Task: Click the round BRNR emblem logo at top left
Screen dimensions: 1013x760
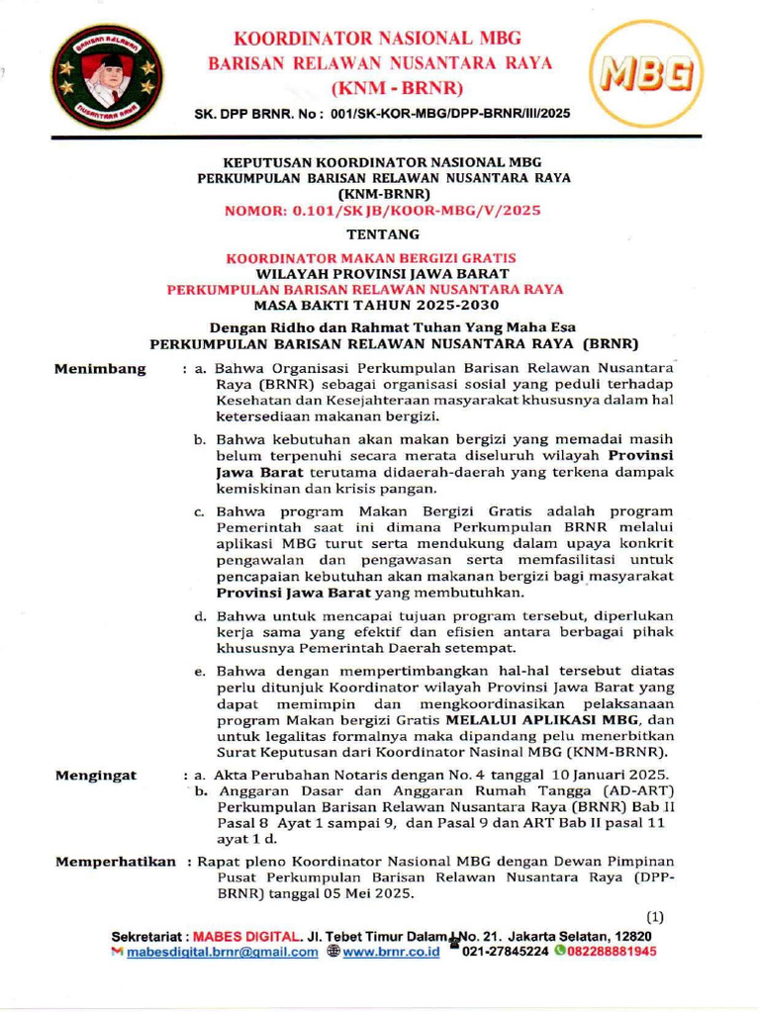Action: click(x=103, y=75)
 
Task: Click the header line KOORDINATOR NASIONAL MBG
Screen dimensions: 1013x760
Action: click(x=376, y=40)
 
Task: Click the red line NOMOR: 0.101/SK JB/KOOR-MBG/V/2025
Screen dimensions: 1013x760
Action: click(x=383, y=211)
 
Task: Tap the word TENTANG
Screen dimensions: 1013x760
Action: click(x=383, y=235)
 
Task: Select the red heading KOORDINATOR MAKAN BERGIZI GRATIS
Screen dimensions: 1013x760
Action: click(x=370, y=258)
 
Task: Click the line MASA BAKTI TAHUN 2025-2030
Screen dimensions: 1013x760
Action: click(x=382, y=306)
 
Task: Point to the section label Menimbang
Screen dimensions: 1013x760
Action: click(x=101, y=369)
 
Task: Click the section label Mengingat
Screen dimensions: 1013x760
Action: click(x=96, y=774)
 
